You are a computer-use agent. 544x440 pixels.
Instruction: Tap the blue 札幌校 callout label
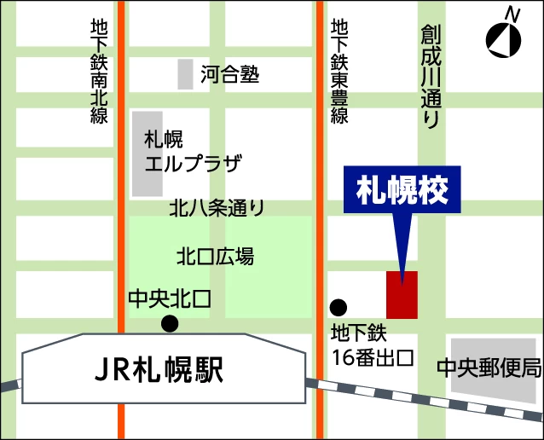pyautogui.click(x=402, y=190)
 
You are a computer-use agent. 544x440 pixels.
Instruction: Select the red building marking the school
pyautogui.click(x=402, y=295)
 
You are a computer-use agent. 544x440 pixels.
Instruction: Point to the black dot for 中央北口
pyautogui.click(x=171, y=323)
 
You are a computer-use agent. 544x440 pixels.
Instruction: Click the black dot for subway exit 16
pyautogui.click(x=339, y=307)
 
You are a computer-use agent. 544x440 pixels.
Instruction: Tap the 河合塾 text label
pyautogui.click(x=230, y=75)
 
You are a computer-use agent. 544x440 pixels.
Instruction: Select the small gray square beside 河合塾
pyautogui.click(x=185, y=74)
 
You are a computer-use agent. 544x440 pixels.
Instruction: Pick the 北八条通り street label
pyautogui.click(x=217, y=207)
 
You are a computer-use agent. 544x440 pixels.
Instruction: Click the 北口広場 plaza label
pyautogui.click(x=215, y=256)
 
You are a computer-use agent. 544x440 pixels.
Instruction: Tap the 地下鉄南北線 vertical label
pyautogui.click(x=99, y=72)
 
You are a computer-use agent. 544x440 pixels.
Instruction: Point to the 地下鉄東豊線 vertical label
pyautogui.click(x=340, y=72)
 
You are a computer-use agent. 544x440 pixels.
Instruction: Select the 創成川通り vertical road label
pyautogui.click(x=431, y=77)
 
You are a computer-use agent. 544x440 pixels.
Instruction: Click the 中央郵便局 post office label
pyautogui.click(x=489, y=368)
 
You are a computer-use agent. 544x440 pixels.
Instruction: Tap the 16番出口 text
pyautogui.click(x=373, y=357)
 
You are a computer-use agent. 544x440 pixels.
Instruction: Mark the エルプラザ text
pyautogui.click(x=194, y=164)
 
